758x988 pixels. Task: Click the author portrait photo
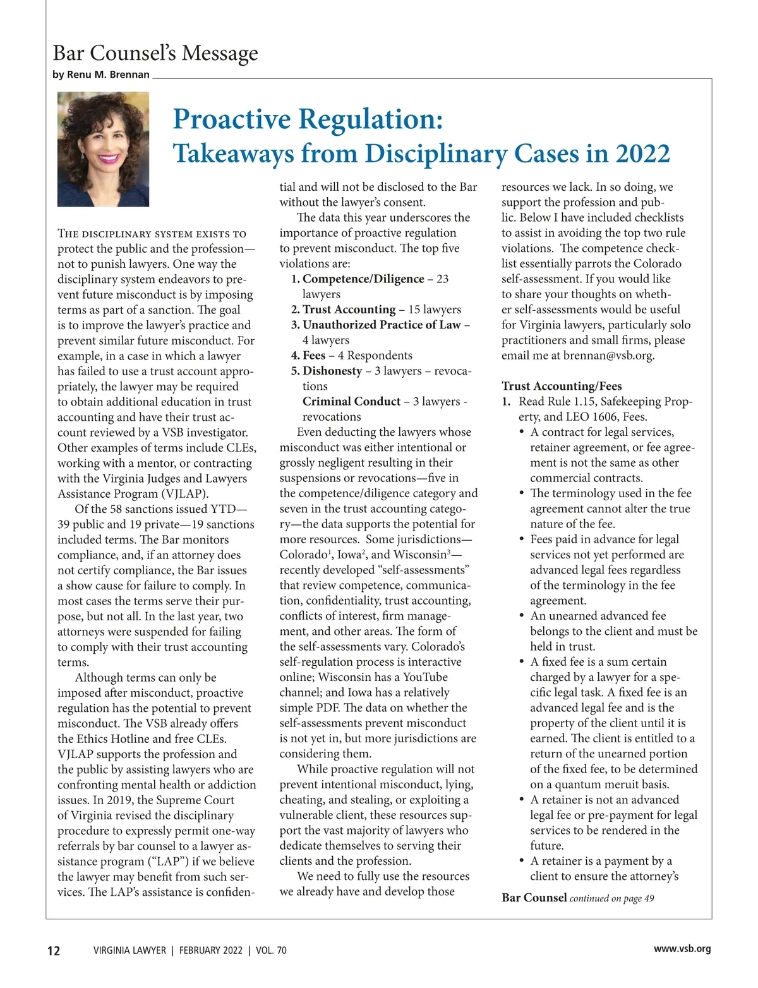[x=103, y=149]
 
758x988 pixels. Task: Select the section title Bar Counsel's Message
[x=155, y=53]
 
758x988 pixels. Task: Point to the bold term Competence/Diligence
[x=363, y=279]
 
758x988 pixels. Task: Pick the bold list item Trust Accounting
[x=349, y=310]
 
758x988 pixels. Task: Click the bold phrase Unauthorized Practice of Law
[x=382, y=325]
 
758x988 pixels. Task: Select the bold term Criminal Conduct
[x=351, y=402]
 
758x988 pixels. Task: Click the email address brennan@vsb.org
[x=608, y=356]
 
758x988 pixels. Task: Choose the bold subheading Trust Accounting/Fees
[x=562, y=386]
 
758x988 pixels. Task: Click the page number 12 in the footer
[x=54, y=951]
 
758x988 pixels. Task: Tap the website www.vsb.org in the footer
[x=682, y=949]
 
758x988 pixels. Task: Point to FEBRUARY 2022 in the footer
[x=210, y=951]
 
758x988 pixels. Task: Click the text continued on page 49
[x=611, y=899]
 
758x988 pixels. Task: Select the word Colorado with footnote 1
[x=303, y=555]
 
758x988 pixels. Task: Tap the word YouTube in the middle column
[x=425, y=677]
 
